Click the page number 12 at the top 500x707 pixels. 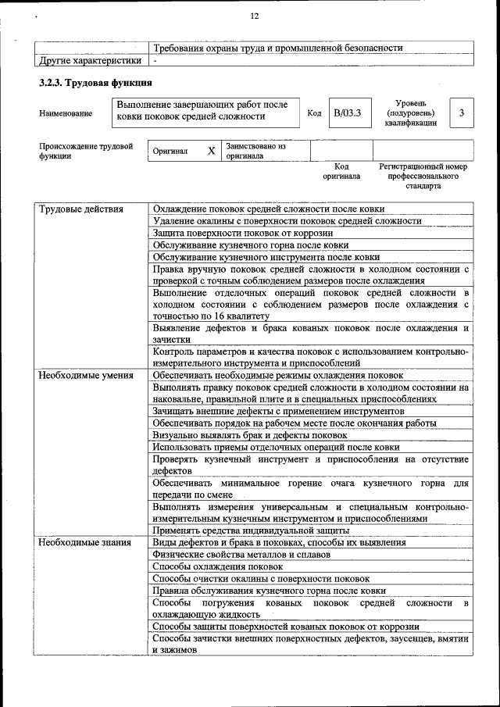click(x=254, y=16)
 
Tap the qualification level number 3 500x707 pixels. click(x=462, y=114)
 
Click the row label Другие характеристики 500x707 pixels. click(x=91, y=60)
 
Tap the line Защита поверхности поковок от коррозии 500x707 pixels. click(x=243, y=233)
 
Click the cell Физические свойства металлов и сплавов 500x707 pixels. click(x=241, y=554)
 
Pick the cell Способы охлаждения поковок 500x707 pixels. click(x=218, y=566)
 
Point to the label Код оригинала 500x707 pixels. click(x=341, y=171)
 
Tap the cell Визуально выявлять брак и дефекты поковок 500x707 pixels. click(x=250, y=435)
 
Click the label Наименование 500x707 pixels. click(x=66, y=114)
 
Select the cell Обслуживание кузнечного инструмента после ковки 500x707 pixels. click(x=266, y=256)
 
